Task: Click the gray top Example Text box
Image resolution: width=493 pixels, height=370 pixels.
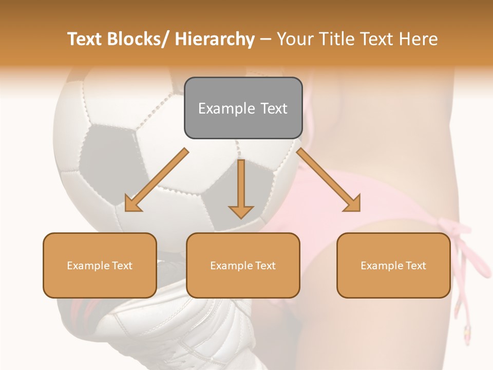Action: (243, 108)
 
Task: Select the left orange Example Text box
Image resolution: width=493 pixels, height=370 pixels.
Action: (100, 265)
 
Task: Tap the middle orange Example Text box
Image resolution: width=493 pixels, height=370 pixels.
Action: (243, 265)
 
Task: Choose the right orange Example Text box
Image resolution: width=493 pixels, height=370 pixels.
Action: (393, 265)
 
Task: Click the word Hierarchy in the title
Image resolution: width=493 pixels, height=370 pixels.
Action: (215, 39)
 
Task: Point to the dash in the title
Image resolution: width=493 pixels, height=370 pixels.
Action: (266, 39)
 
